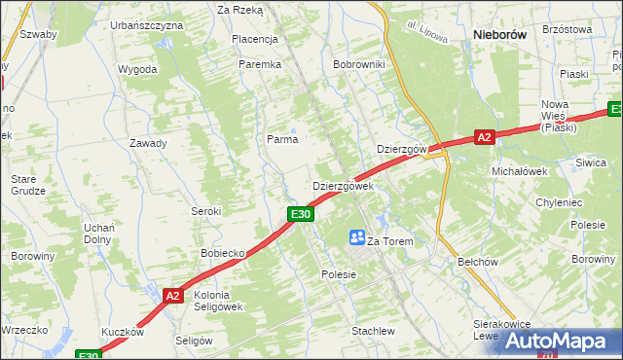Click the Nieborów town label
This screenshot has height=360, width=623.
(498, 33)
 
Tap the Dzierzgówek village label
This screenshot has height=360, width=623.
(342, 186)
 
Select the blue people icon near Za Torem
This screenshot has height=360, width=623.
(357, 236)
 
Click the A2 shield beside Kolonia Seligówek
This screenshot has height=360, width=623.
(172, 296)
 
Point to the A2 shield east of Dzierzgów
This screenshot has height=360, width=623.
(485, 138)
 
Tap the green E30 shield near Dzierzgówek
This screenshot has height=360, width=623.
(300, 214)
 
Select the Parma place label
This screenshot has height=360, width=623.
(282, 139)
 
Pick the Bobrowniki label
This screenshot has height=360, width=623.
(359, 64)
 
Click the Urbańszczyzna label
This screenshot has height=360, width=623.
(147, 24)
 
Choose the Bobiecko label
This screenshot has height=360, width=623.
(222, 253)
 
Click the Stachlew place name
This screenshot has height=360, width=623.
(373, 331)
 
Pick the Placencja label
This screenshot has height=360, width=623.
(255, 40)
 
